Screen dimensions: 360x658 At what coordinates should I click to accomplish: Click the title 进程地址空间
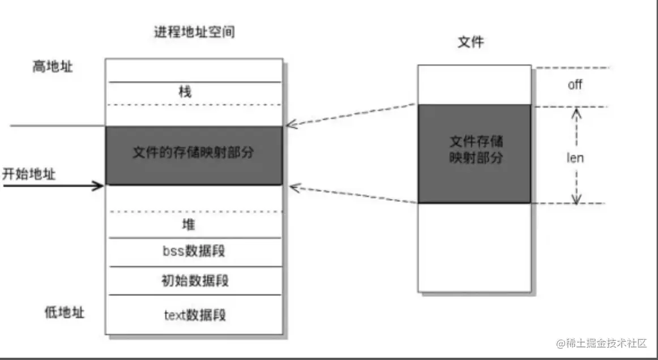[x=194, y=32]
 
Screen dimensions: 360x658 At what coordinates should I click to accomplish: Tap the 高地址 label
[x=52, y=67]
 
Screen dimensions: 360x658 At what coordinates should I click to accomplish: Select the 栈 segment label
[x=185, y=92]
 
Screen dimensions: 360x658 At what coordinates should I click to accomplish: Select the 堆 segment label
[x=189, y=225]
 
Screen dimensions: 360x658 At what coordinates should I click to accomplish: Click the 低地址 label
[x=65, y=312]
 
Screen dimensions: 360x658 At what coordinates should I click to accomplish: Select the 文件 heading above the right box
[x=471, y=42]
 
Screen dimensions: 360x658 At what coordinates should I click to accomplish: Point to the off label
[x=575, y=85]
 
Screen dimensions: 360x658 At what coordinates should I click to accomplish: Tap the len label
[x=575, y=158]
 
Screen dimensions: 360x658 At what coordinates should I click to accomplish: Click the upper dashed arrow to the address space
[x=351, y=114]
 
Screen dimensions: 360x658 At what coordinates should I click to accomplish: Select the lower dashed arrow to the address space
[x=351, y=194]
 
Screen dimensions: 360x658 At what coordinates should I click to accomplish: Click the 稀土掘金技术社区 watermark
[x=602, y=344]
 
